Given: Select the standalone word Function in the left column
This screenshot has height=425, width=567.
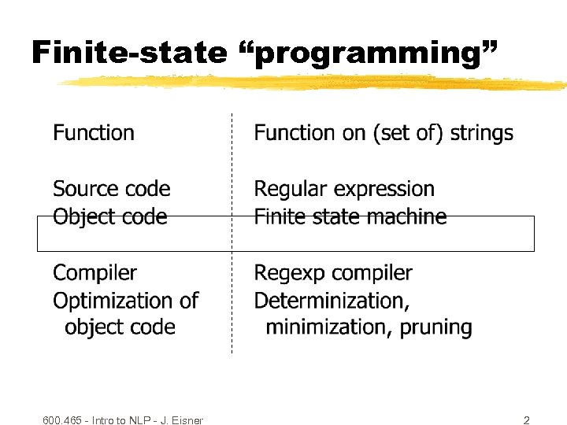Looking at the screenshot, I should click(x=94, y=133).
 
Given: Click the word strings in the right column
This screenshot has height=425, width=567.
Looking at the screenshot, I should click(x=482, y=134).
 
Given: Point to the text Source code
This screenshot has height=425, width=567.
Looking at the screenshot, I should click(x=111, y=189).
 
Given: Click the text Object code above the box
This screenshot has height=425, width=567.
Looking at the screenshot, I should click(x=109, y=216).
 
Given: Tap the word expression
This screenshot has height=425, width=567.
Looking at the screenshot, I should click(x=385, y=190).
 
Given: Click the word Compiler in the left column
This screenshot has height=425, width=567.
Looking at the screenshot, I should click(x=94, y=273).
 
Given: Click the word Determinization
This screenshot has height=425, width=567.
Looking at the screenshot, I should click(x=331, y=301).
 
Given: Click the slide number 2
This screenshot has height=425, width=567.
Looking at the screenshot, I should click(x=526, y=420).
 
